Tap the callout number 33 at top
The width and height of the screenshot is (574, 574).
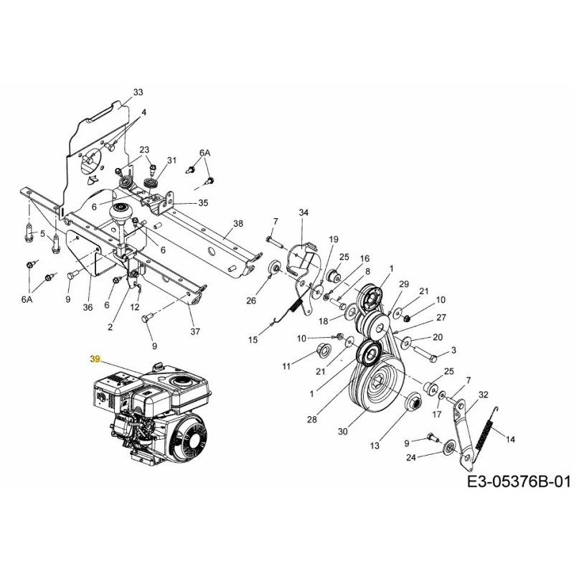pyautogui.click(x=138, y=93)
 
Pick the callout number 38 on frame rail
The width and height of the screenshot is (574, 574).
pyautogui.click(x=238, y=224)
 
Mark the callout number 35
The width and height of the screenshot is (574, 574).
pyautogui.click(x=203, y=203)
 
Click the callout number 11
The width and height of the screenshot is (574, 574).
pyautogui.click(x=286, y=366)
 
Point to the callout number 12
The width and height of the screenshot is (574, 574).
pyautogui.click(x=135, y=307)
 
